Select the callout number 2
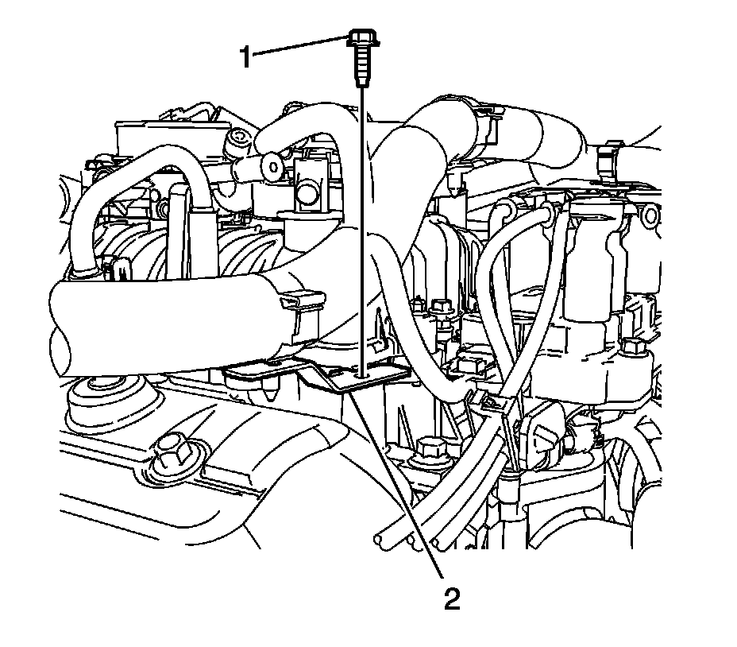coord(451,598)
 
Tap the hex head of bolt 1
coord(361,38)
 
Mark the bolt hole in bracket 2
coord(364,374)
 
